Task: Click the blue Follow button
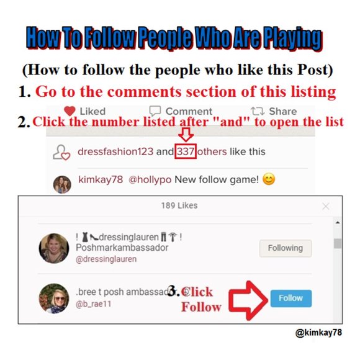(x=290, y=298)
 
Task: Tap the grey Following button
(x=285, y=248)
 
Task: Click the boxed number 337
(x=185, y=151)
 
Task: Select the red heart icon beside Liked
(x=70, y=111)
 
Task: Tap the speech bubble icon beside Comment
(x=155, y=111)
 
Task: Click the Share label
(x=282, y=111)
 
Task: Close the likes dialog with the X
(x=326, y=205)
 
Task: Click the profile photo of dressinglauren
(x=54, y=248)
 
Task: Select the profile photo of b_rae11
(x=54, y=298)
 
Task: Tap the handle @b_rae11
(x=93, y=304)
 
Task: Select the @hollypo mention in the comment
(x=148, y=181)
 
